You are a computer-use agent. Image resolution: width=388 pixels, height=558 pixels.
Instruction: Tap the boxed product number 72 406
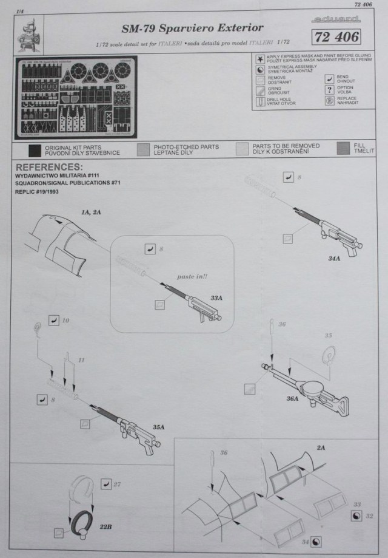(x=337, y=38)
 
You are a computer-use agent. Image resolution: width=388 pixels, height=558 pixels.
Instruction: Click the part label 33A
(x=216, y=299)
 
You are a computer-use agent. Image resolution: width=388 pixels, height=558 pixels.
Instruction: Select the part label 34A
(x=334, y=258)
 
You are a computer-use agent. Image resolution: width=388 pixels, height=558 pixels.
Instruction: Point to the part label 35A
(x=159, y=427)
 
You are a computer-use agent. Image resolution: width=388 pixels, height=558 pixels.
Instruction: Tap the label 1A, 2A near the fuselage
(x=92, y=212)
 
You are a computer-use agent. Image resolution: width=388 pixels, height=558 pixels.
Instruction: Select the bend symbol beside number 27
(x=107, y=483)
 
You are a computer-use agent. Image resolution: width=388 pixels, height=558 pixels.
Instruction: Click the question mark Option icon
(x=326, y=89)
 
